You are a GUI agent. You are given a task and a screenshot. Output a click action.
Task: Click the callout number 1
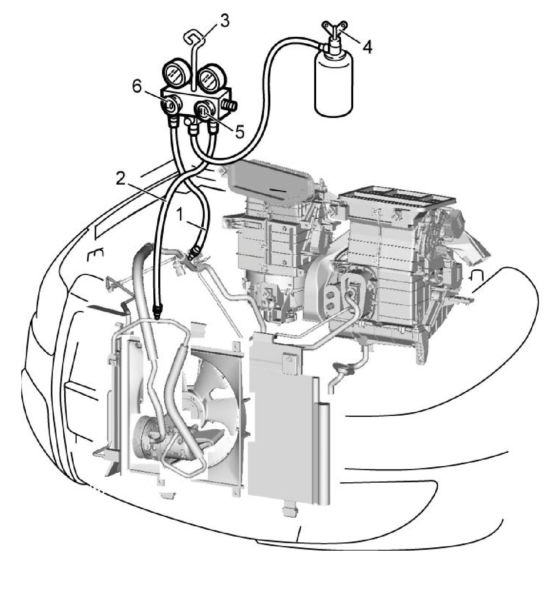tap(180, 215)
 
